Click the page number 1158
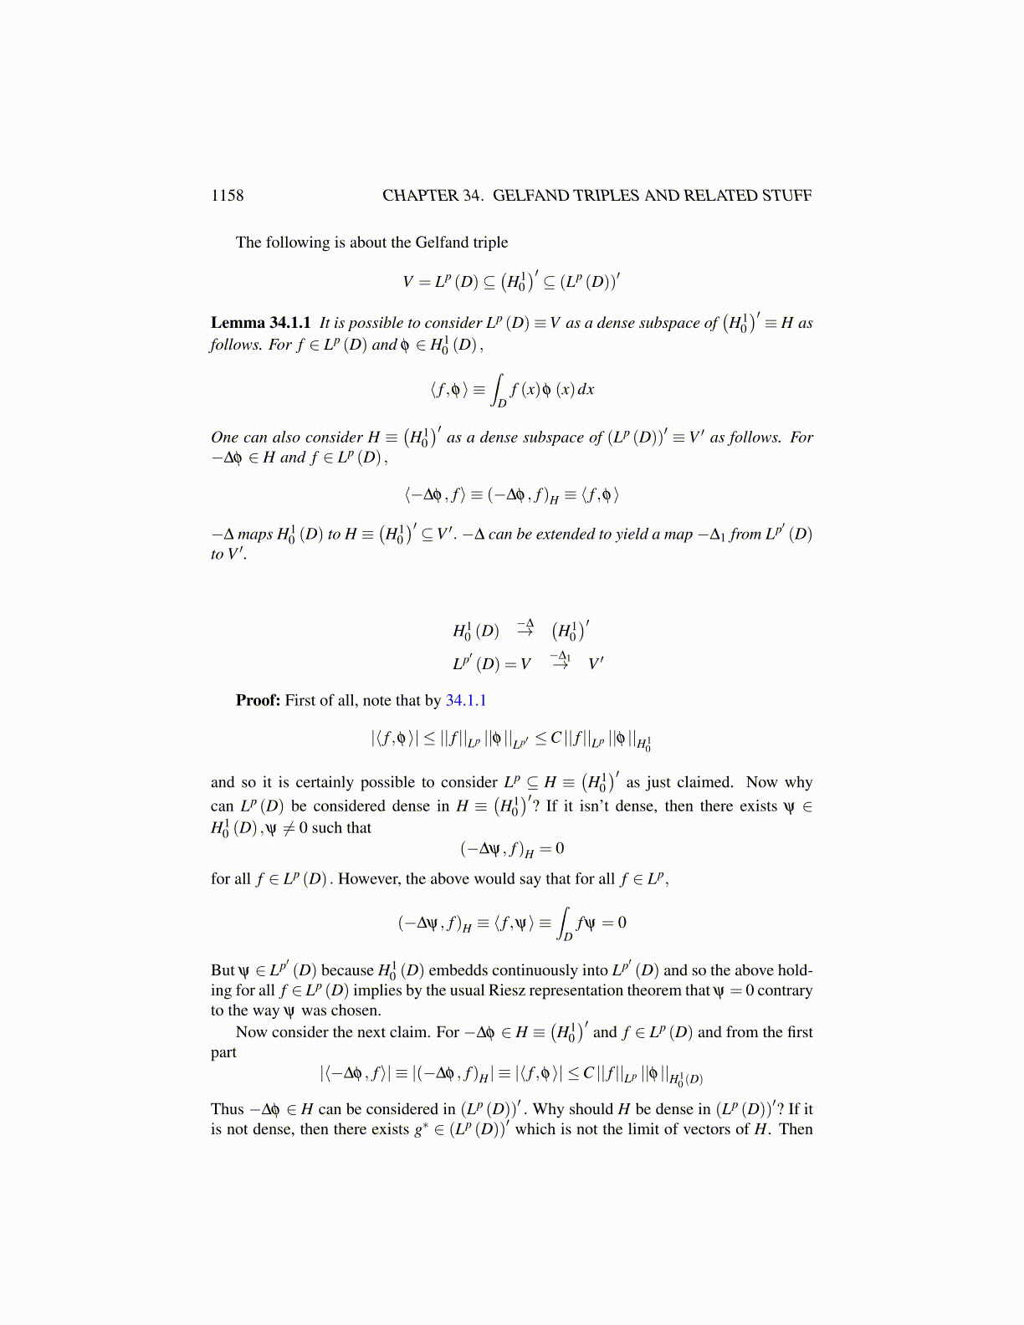click(227, 196)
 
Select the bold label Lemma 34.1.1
click(260, 323)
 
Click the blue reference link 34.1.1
click(466, 700)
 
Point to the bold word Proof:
click(258, 700)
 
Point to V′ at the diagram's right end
click(596, 664)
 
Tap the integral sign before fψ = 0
click(565, 922)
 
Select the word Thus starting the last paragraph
click(227, 1109)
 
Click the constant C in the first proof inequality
click(556, 738)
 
